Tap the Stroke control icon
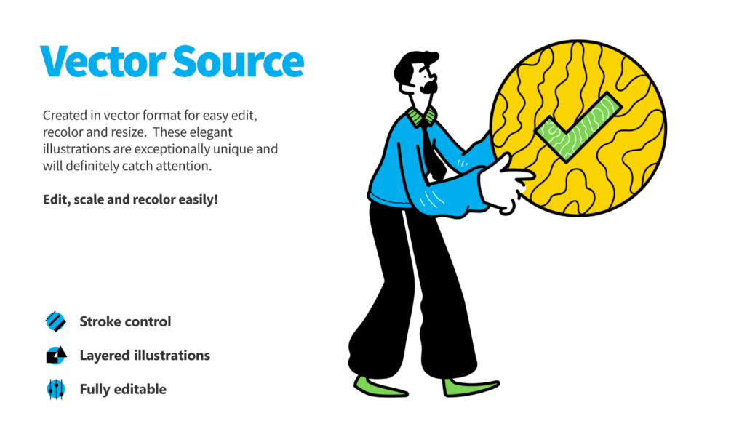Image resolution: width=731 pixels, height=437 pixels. click(55, 321)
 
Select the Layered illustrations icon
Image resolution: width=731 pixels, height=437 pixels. click(55, 356)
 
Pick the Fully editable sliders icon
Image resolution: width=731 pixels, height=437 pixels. click(55, 389)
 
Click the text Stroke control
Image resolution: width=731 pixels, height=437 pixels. click(125, 321)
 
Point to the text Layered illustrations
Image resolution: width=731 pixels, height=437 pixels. click(145, 356)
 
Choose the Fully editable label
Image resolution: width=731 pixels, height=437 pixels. click(123, 389)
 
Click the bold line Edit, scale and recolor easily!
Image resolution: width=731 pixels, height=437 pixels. click(130, 199)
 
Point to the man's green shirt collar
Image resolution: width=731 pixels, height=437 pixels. click(421, 116)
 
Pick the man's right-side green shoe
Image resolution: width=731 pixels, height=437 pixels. click(469, 388)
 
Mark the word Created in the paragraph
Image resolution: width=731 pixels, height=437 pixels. click(65, 116)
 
